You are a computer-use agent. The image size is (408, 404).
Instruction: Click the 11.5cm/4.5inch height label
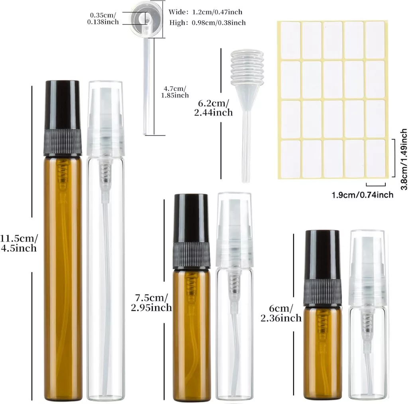point(19,243)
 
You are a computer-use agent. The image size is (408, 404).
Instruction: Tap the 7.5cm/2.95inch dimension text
point(151,302)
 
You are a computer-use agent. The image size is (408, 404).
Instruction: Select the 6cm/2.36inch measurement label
point(281,313)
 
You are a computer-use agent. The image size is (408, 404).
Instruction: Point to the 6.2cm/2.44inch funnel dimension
point(214,108)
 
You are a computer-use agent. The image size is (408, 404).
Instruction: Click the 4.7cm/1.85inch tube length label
point(175,92)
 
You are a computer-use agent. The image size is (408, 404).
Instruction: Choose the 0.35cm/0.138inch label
point(103,18)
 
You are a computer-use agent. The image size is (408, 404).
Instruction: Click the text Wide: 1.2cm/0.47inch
point(205,12)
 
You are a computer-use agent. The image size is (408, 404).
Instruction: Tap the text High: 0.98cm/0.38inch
point(207,23)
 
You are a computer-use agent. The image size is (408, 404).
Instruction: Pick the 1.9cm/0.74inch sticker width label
point(363,195)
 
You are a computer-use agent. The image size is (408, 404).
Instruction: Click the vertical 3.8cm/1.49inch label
point(404,159)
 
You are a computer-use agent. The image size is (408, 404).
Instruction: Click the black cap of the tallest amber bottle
point(63,118)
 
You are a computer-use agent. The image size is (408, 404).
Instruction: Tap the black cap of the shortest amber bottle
point(322,268)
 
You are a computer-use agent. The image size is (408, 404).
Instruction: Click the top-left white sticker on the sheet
point(290,40)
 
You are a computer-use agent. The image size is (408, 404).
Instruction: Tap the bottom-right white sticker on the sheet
point(375,159)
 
